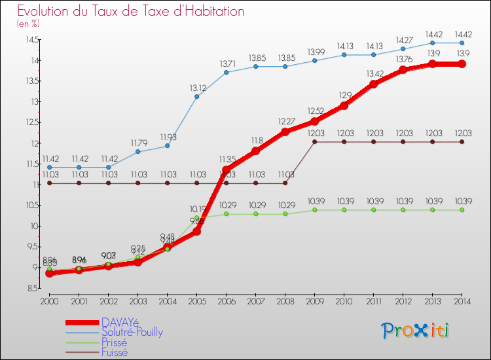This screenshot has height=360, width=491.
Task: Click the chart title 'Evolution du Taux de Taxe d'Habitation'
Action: tap(131, 11)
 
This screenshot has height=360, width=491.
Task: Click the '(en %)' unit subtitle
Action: tap(28, 24)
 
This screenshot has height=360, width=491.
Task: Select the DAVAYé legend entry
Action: tap(120, 322)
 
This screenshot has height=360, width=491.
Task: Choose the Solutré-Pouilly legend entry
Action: tap(132, 332)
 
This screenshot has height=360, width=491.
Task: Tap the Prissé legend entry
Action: tap(115, 342)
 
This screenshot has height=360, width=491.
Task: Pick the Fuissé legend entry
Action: tap(115, 351)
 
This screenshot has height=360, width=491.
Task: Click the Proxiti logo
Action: tap(416, 331)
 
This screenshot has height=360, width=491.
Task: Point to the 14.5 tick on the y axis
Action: tap(30, 40)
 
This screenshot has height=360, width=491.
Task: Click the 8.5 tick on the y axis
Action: tap(31, 288)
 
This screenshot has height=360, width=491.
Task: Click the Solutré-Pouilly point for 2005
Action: tap(196, 97)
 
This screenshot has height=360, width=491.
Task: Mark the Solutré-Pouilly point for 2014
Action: tap(462, 43)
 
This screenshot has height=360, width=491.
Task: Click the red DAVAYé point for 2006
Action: tap(226, 170)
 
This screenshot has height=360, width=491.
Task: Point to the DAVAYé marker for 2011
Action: tap(373, 84)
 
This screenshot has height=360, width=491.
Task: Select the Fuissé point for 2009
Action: tap(314, 141)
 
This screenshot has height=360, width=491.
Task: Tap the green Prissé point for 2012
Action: tap(403, 209)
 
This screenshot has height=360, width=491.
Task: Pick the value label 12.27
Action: tap(285, 121)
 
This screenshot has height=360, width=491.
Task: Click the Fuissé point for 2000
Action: tap(49, 183)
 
